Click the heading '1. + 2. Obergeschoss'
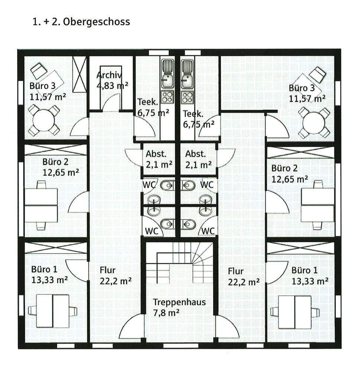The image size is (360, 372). (81, 22)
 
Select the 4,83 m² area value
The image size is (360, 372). (112, 86)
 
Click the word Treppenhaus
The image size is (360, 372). (179, 302)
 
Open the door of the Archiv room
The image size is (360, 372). (111, 102)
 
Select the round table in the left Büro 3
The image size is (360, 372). (44, 120)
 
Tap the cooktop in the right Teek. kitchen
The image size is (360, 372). (187, 97)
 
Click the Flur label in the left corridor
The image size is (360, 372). (108, 270)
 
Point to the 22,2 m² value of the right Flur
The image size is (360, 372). (243, 282)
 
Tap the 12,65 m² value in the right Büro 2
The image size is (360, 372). (289, 179)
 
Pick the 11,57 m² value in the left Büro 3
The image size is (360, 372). (48, 97)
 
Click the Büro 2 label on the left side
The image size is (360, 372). (55, 162)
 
